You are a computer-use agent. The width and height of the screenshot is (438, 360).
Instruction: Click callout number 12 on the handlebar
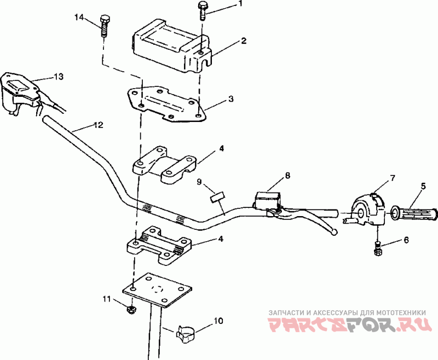point(98,125)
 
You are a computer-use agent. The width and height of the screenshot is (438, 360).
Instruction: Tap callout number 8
point(289,176)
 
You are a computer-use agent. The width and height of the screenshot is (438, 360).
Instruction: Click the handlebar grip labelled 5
point(415,211)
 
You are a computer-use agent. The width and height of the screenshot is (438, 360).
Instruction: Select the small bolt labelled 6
point(377,249)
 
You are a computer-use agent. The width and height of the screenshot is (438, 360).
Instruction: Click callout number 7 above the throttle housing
point(391,179)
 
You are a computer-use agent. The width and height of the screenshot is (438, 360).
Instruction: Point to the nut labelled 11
point(131,310)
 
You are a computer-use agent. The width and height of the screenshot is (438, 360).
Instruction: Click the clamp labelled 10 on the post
point(185,333)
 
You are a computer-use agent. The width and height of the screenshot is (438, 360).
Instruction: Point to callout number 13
point(59,76)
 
